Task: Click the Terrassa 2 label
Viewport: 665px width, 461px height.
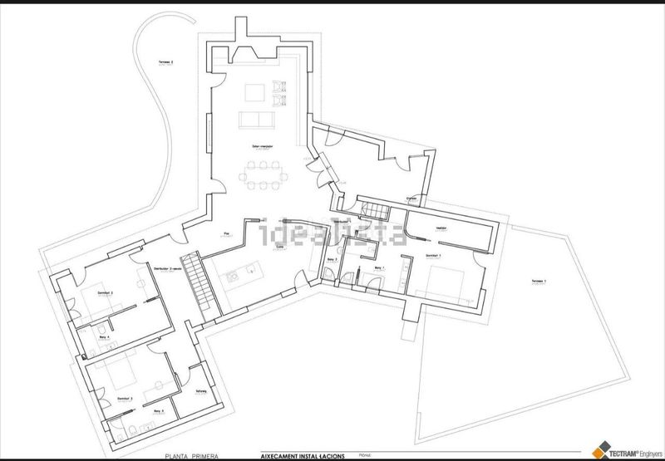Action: pos(167,61)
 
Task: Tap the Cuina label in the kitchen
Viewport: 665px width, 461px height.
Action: pos(280,247)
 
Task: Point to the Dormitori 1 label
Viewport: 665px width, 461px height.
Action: pos(432,254)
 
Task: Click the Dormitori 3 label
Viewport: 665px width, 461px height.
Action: pos(126,399)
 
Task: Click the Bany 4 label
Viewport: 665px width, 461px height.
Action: pos(104,337)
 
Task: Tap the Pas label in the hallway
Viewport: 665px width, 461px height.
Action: pos(226,233)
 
